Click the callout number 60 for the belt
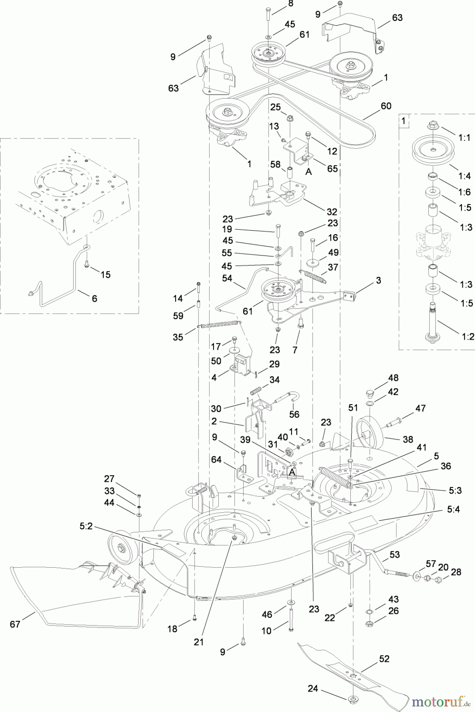386,106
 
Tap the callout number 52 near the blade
384,659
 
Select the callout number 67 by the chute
15,624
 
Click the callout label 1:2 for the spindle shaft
468,337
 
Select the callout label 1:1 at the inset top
464,138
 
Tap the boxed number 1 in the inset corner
403,121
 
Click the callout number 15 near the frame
106,274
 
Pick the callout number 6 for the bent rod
94,298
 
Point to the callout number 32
332,212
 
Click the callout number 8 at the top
291,4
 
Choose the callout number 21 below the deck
198,642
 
